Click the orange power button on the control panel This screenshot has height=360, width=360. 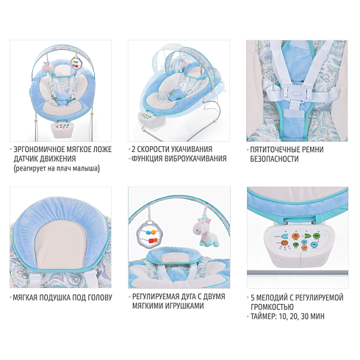295,237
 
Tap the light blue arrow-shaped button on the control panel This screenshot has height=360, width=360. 284,237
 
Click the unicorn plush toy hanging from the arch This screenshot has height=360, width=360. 204,232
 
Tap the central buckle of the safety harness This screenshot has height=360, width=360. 295,93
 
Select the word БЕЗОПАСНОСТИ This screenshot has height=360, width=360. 274,159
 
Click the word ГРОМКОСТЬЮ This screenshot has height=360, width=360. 272,307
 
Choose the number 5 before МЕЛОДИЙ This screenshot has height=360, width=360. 253,298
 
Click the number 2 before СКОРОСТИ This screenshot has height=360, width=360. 134,149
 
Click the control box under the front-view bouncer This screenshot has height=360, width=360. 63,129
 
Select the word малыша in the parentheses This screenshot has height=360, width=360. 87,168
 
